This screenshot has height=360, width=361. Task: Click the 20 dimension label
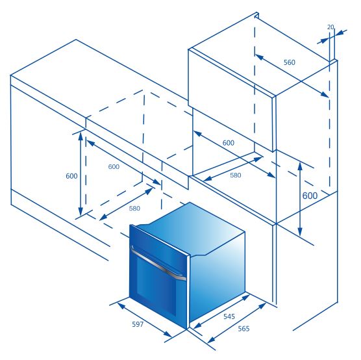coord(330,27)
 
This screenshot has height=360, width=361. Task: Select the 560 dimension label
coord(289,62)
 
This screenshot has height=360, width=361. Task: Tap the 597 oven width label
coord(138,324)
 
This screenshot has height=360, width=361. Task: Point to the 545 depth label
coord(229,316)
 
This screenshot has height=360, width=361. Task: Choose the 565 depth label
coord(243,328)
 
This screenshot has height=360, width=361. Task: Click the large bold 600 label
coord(310,196)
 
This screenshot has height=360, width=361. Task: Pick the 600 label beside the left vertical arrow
coord(71,176)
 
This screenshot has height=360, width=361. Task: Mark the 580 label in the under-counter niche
coord(134,209)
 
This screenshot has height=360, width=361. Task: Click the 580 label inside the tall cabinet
coord(236,175)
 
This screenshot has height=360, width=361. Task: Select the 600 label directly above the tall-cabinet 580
coord(229,143)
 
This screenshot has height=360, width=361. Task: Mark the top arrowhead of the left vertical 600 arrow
coord(81,136)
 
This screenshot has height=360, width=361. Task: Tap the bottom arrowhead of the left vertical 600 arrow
coord(81,211)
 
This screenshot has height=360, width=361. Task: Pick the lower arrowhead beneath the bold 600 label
coord(300,231)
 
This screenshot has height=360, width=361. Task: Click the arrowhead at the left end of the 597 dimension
coord(121,306)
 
